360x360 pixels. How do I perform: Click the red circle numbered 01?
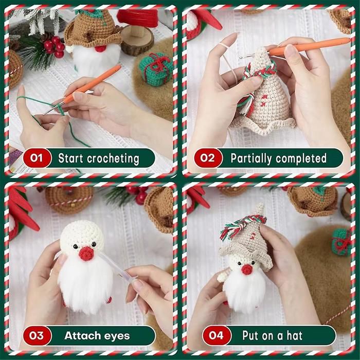click(37, 158)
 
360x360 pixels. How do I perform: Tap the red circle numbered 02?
click(208, 158)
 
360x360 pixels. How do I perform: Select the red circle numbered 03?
click(37, 336)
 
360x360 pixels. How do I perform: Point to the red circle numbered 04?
click(217, 335)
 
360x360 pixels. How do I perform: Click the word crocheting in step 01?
click(113, 158)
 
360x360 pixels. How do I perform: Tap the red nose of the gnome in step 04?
click(247, 269)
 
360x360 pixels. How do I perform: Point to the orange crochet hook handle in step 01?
click(92, 84)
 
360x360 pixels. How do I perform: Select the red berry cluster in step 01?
click(55, 46)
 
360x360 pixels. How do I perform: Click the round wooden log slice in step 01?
click(137, 40)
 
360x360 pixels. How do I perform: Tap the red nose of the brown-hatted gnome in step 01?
click(101, 49)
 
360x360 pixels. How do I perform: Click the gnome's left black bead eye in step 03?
click(76, 247)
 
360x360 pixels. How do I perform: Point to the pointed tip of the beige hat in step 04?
click(260, 204)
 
